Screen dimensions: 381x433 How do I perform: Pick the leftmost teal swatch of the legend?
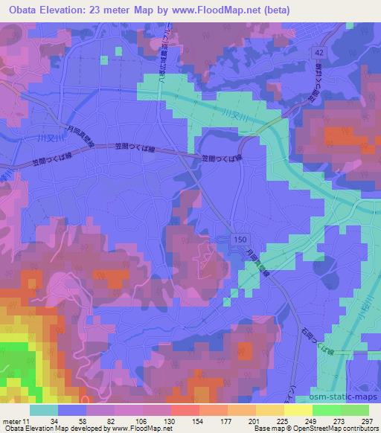click(x=44, y=410)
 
